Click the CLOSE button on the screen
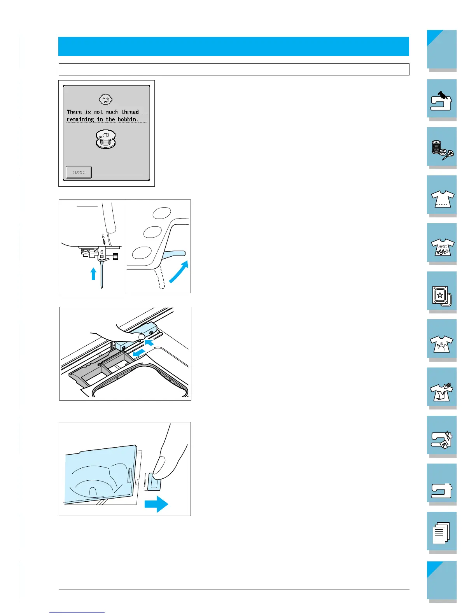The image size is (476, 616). point(79,172)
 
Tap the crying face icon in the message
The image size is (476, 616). point(106,99)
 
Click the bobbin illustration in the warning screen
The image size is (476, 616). point(106,139)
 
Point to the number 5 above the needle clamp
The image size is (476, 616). point(103,236)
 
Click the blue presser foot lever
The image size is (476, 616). point(173,254)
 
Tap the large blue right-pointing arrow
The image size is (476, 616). point(156,504)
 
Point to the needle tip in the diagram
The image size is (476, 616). point(102,288)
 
